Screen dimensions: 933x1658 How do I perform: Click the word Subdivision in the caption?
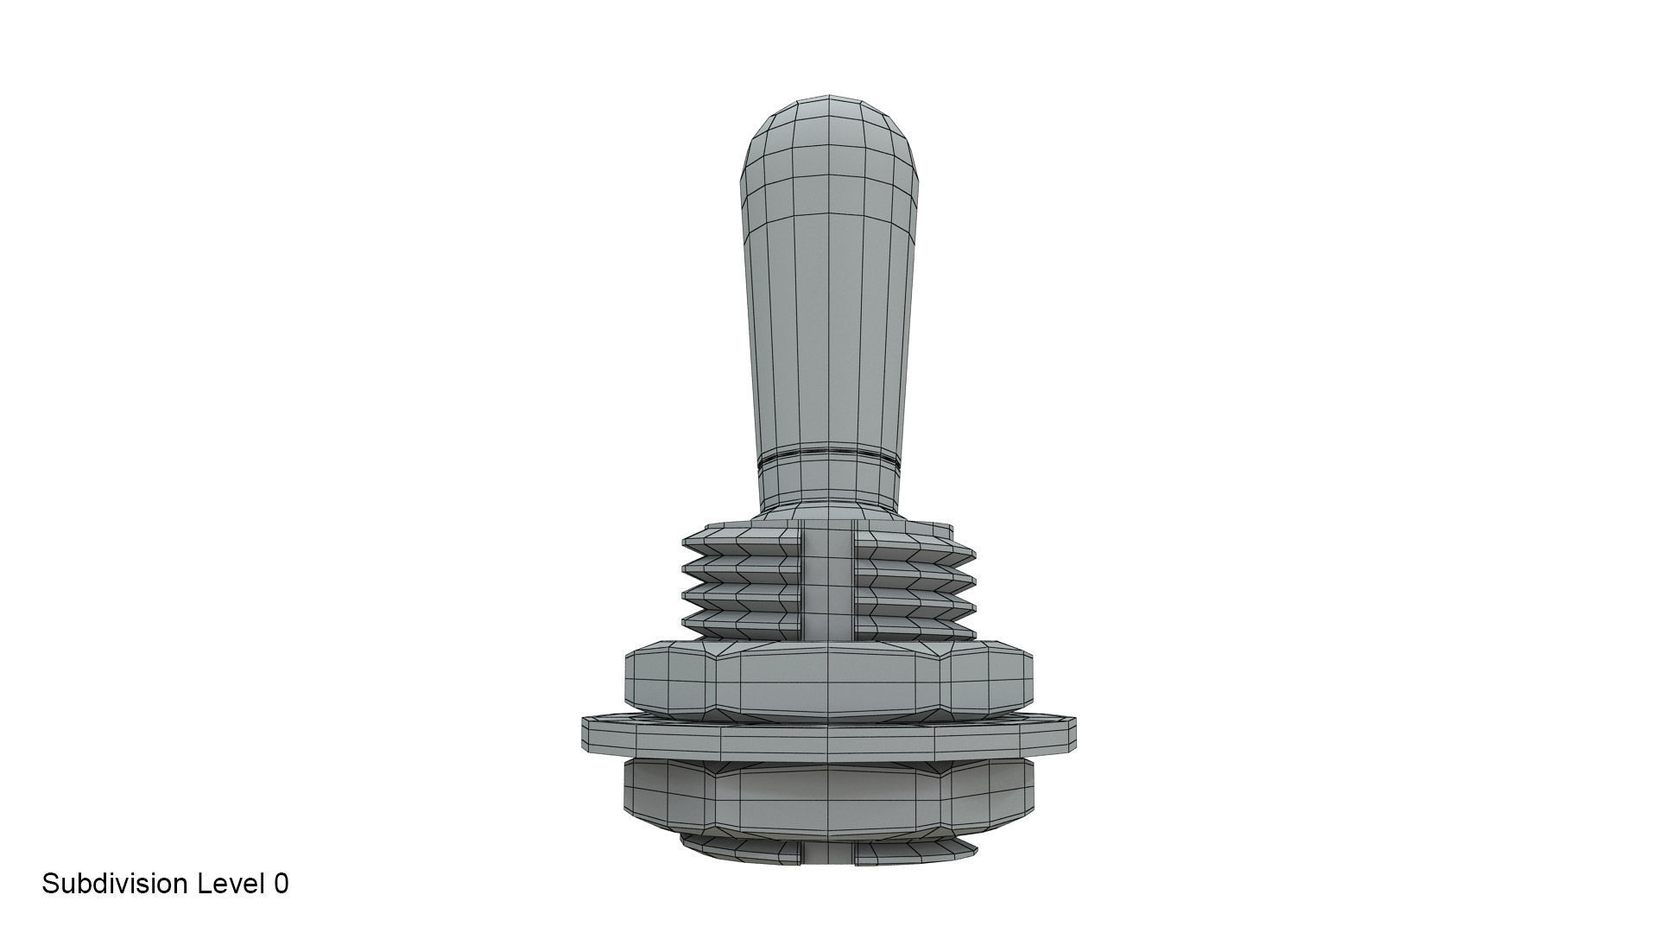(114, 884)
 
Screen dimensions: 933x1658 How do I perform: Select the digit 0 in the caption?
(281, 884)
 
